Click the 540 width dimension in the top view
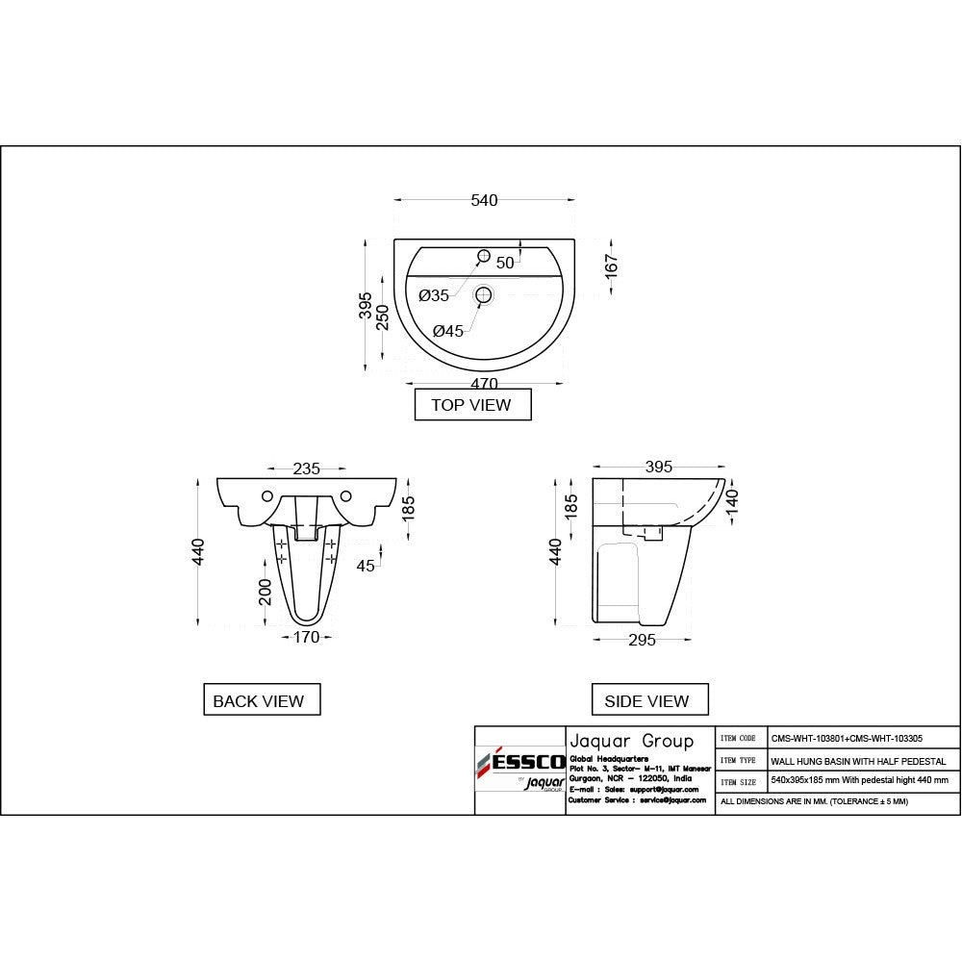click(x=484, y=200)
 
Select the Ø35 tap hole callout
click(x=434, y=295)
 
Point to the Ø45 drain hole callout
click(x=448, y=331)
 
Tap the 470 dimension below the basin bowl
click(x=484, y=383)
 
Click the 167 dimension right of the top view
click(x=612, y=261)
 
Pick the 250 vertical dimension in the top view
click(x=382, y=317)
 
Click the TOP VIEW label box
click(x=471, y=405)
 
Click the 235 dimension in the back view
click(x=307, y=468)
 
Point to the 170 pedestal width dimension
click(x=306, y=636)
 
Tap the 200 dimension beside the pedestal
click(x=265, y=592)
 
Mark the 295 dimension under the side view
click(x=642, y=640)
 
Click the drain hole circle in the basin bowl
click(x=484, y=294)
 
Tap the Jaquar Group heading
click(x=631, y=741)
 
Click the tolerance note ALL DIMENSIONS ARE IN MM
click(x=813, y=800)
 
